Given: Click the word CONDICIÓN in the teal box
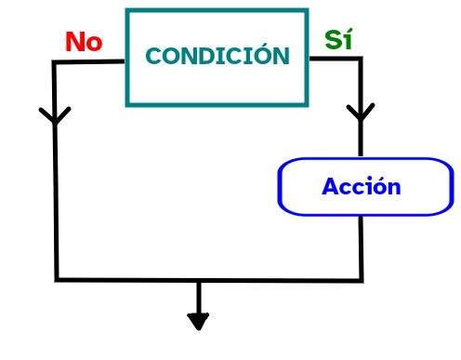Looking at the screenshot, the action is point(217,57).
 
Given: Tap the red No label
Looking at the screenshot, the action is point(83,42).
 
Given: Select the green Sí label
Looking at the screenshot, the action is point(338,40).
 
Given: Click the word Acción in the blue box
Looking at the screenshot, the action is point(362,187).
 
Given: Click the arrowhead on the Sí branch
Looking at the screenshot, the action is point(361,113).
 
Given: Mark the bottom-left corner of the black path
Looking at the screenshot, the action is point(57,278).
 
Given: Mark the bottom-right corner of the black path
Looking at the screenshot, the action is point(362,279).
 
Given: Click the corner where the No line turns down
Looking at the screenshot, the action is point(54,63).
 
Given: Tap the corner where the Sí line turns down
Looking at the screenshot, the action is point(360,59).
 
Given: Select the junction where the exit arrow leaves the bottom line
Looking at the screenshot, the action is point(198,280).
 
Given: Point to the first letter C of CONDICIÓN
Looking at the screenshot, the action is point(153,57).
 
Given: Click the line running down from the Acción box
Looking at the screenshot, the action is point(361,247).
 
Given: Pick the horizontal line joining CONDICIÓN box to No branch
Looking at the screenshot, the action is point(90,62).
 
